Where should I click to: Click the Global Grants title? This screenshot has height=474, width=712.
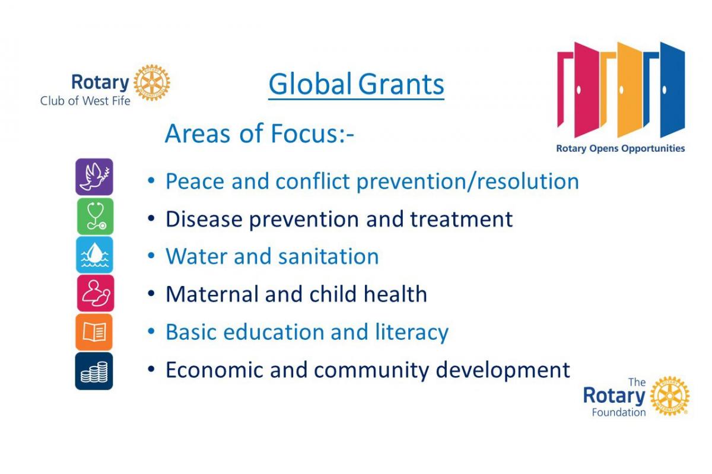pos(357,84)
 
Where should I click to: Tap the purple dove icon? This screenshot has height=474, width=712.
pos(94,177)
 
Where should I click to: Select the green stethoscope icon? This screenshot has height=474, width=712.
pos(95,216)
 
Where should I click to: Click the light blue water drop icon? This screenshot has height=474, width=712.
pos(94,255)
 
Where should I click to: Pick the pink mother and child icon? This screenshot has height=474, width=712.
pos(96,293)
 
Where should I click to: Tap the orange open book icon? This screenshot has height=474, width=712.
pos(94,332)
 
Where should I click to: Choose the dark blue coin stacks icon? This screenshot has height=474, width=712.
pos(94,371)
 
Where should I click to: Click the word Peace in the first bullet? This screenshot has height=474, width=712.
pos(195,181)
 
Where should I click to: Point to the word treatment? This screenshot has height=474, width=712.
pos(461,219)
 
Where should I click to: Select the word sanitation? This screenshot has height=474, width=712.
pos(328,256)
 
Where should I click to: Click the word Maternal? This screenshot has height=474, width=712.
pos(212,294)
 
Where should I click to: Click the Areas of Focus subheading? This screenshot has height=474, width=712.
pos(259,133)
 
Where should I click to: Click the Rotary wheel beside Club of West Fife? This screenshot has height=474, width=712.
pos(152,82)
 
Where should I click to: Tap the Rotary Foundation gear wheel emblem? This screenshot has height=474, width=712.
pos(670,396)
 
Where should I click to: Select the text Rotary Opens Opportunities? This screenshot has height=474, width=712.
pos(621,148)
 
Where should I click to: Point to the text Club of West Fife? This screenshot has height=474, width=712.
pos(85,101)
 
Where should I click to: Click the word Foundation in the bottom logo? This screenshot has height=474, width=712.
pos(618,413)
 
